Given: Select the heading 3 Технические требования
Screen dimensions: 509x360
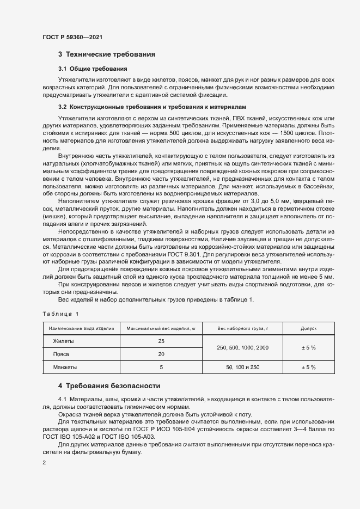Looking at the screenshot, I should coord(107,54).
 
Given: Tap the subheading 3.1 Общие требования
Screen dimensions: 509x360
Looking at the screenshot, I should coord(93,69).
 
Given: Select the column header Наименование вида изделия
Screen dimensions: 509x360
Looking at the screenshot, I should coord(81,329).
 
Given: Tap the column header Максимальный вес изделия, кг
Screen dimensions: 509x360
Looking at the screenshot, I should coord(161,329).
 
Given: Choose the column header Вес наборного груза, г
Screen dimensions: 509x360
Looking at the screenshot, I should coord(243,329).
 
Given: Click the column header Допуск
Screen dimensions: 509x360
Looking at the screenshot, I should coord(309,329).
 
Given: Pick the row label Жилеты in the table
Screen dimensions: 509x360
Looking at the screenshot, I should coord(63,341).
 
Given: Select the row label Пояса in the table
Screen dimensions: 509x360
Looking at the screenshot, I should coord(62,354).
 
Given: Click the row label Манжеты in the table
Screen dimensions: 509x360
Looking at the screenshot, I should coord(65,367).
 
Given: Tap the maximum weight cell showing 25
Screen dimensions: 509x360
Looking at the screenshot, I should coord(161,341).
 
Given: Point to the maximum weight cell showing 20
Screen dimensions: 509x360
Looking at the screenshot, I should coord(161,354).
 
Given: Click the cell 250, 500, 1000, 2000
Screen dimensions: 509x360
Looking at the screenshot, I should coord(243,347).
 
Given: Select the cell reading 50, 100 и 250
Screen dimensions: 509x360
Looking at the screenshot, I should coord(243,367).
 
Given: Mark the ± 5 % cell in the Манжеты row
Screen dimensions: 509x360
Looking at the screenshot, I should coord(309,367).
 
